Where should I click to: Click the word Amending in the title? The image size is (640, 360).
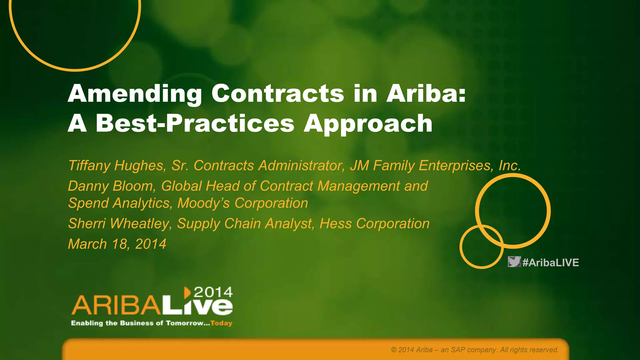click(x=135, y=94)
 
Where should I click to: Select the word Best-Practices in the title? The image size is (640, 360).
click(x=195, y=123)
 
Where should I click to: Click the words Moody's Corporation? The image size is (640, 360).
click(x=242, y=203)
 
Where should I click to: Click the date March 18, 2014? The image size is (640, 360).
click(x=117, y=244)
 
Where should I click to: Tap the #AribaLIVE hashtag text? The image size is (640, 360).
click(x=551, y=262)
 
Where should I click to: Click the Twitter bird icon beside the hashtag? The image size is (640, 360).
click(x=514, y=262)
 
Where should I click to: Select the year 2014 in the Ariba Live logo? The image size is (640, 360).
click(x=213, y=292)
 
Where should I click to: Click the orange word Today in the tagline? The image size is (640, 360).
click(x=221, y=323)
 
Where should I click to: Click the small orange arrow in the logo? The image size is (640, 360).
click(x=187, y=292)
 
